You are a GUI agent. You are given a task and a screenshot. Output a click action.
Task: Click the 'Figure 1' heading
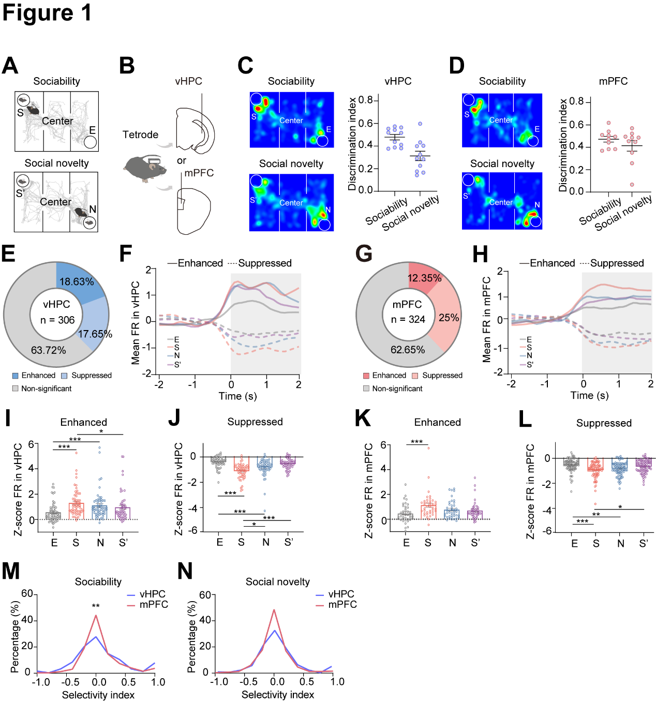[x=47, y=13]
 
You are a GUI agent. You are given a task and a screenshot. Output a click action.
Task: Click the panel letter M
[x=10, y=571]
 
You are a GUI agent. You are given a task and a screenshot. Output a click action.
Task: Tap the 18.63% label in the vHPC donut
[x=77, y=282]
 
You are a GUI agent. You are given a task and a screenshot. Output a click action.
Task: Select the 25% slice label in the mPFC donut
[x=449, y=318]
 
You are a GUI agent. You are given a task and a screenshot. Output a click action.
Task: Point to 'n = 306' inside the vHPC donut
[x=57, y=320]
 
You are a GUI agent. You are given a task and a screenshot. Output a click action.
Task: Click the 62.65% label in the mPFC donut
[x=408, y=350]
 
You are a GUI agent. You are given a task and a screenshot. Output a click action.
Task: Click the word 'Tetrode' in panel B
[x=140, y=135]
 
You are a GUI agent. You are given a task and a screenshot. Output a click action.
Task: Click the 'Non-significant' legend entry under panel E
[x=46, y=389]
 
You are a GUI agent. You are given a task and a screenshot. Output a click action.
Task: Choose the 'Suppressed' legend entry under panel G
[x=442, y=376]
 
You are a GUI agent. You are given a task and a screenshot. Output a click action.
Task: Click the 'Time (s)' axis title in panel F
[x=237, y=396]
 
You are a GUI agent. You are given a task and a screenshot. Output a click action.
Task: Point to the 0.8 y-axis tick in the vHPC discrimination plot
[x=366, y=100]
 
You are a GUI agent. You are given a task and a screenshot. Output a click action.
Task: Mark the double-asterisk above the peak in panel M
[x=96, y=606]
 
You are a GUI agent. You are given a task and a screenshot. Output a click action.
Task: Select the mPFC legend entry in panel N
[x=342, y=604]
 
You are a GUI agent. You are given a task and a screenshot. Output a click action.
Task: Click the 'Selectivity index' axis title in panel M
[x=98, y=695]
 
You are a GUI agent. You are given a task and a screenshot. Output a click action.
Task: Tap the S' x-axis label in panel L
[x=644, y=543]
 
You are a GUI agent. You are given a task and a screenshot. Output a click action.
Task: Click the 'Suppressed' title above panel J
[x=255, y=422]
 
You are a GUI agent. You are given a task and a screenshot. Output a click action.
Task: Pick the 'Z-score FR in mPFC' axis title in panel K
[x=369, y=490]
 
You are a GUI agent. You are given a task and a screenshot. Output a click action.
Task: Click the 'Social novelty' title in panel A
[x=57, y=163]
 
